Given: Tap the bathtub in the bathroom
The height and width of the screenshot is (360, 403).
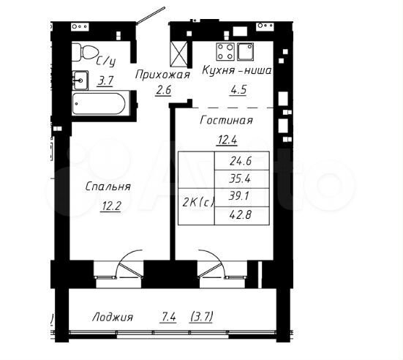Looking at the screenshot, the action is click(x=99, y=104).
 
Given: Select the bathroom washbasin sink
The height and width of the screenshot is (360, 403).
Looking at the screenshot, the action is click(x=80, y=80).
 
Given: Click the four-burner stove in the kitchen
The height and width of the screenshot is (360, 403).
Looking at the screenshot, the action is click(x=225, y=52).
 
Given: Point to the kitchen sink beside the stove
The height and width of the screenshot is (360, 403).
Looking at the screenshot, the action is click(x=245, y=52).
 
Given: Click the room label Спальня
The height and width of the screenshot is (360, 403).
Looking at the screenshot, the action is click(x=108, y=187).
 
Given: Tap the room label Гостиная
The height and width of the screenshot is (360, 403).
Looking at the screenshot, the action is click(x=226, y=120).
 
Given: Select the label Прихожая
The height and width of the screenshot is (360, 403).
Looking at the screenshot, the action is click(x=162, y=75).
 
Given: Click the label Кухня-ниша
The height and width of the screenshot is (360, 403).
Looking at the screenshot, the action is click(x=237, y=70).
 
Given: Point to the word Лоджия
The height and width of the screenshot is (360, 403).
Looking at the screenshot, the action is click(x=113, y=317).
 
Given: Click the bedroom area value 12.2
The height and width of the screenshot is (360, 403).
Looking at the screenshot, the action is click(x=111, y=206).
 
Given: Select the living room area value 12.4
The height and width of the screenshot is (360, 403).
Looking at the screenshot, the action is click(x=227, y=140).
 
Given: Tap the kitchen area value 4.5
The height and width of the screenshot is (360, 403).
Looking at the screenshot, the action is click(x=238, y=90).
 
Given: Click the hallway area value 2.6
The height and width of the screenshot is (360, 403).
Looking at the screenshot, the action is click(x=163, y=90).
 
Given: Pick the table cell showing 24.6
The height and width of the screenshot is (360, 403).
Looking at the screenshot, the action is click(x=241, y=161).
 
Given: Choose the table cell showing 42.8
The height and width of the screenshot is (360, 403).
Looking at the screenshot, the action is click(x=241, y=215).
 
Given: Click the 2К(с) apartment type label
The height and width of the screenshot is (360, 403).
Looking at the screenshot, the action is click(x=198, y=203).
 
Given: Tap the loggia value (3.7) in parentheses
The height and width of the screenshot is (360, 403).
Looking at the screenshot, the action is click(x=202, y=317).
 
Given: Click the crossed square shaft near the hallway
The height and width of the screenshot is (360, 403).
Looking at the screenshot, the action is click(x=179, y=53).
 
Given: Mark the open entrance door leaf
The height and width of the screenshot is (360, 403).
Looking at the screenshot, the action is click(x=151, y=15).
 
